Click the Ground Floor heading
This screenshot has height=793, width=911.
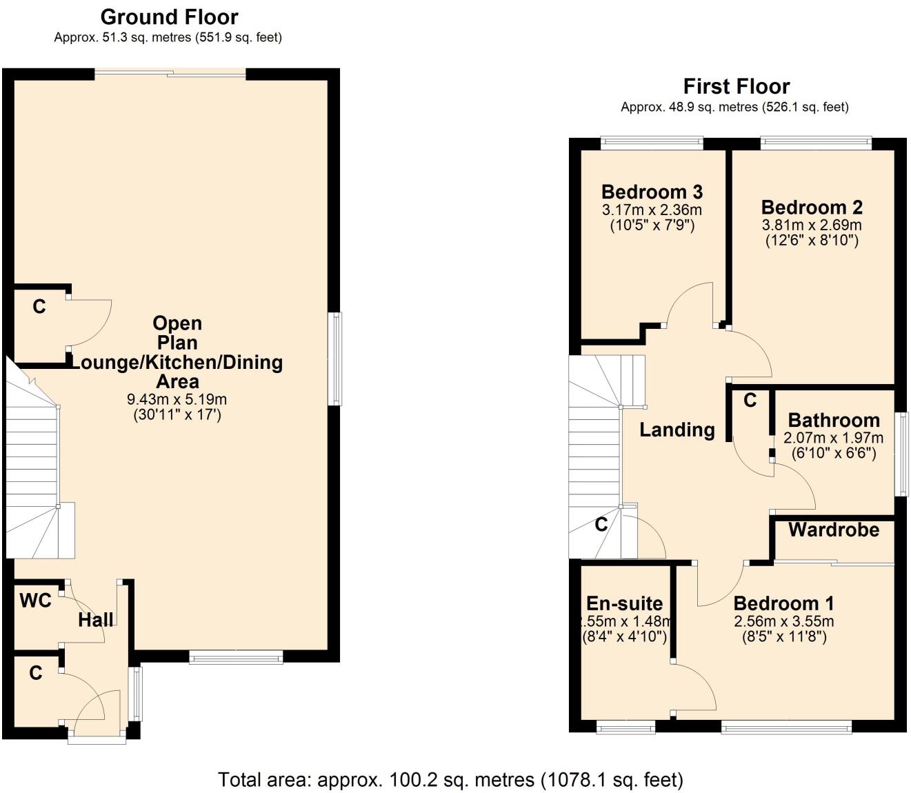169,17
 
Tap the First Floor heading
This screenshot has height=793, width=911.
736,86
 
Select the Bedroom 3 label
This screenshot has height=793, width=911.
652,192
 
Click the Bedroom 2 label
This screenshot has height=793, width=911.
812,207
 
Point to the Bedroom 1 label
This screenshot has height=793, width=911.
783,603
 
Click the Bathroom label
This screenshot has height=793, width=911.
833,420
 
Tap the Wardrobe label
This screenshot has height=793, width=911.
833,530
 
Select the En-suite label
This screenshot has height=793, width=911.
624,603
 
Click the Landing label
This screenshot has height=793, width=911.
677,430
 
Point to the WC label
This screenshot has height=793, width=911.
35,601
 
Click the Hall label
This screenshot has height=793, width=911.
95,619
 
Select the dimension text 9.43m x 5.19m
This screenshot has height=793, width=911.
177,399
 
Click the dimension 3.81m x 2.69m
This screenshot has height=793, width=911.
812,225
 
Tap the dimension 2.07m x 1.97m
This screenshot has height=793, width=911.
833,438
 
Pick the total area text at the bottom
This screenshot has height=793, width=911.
450,780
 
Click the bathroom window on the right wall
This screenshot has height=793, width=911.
901,454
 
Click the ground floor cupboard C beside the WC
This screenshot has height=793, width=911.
36,672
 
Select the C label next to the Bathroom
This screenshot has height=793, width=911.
750,400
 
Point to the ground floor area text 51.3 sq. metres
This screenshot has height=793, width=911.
168,37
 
